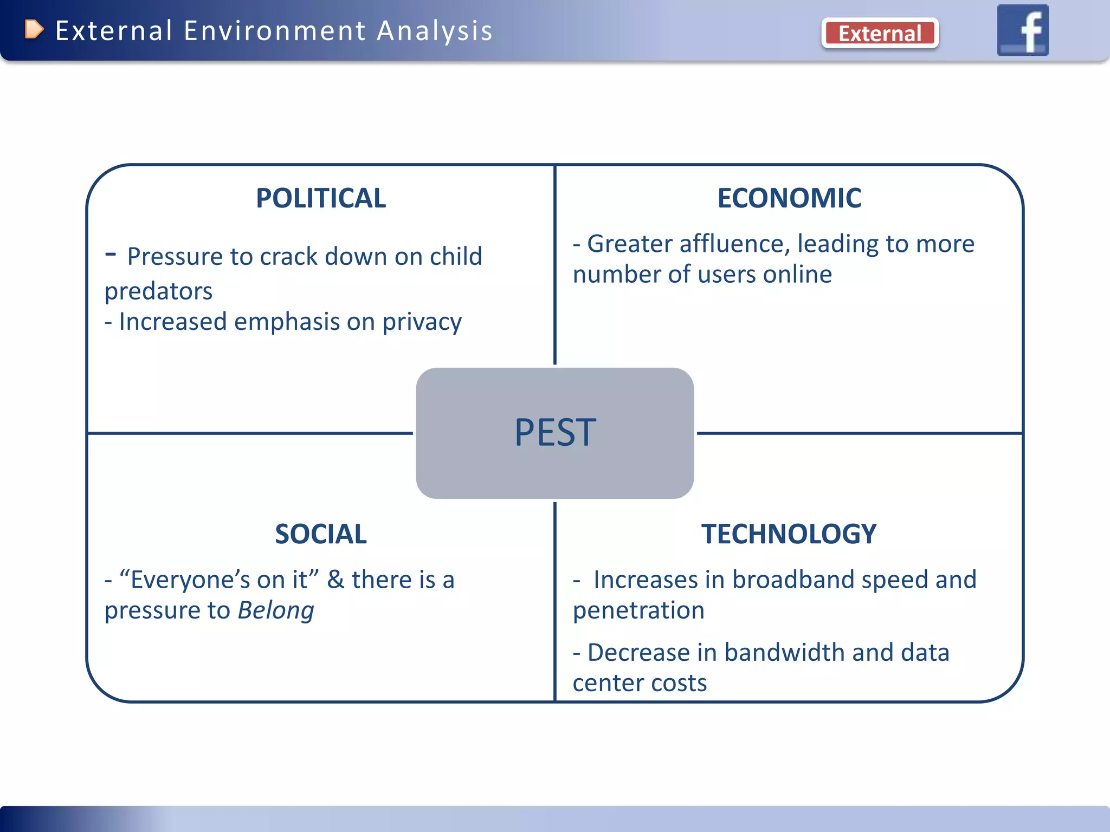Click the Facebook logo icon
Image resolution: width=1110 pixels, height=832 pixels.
pos(1023,30)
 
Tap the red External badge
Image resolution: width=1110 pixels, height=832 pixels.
pos(880,34)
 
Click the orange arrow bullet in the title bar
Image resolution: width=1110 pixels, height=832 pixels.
pos(34,29)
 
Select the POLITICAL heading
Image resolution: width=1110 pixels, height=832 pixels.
pos(321,198)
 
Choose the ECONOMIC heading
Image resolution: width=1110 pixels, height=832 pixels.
pos(789,198)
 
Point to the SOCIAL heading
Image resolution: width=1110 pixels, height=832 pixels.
pos(321,534)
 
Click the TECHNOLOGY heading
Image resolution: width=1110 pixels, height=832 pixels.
pos(789,534)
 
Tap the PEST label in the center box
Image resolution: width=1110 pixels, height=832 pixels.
pos(555,433)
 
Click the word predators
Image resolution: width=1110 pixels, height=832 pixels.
pos(158,291)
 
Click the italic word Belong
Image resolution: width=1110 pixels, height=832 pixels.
pos(276,610)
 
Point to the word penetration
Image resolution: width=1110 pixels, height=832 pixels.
pos(638,610)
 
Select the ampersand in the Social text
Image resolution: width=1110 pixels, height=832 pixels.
pos(335,580)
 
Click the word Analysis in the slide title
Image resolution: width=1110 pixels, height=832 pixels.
pos(435,31)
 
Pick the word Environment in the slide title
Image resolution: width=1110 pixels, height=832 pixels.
pos(275,31)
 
